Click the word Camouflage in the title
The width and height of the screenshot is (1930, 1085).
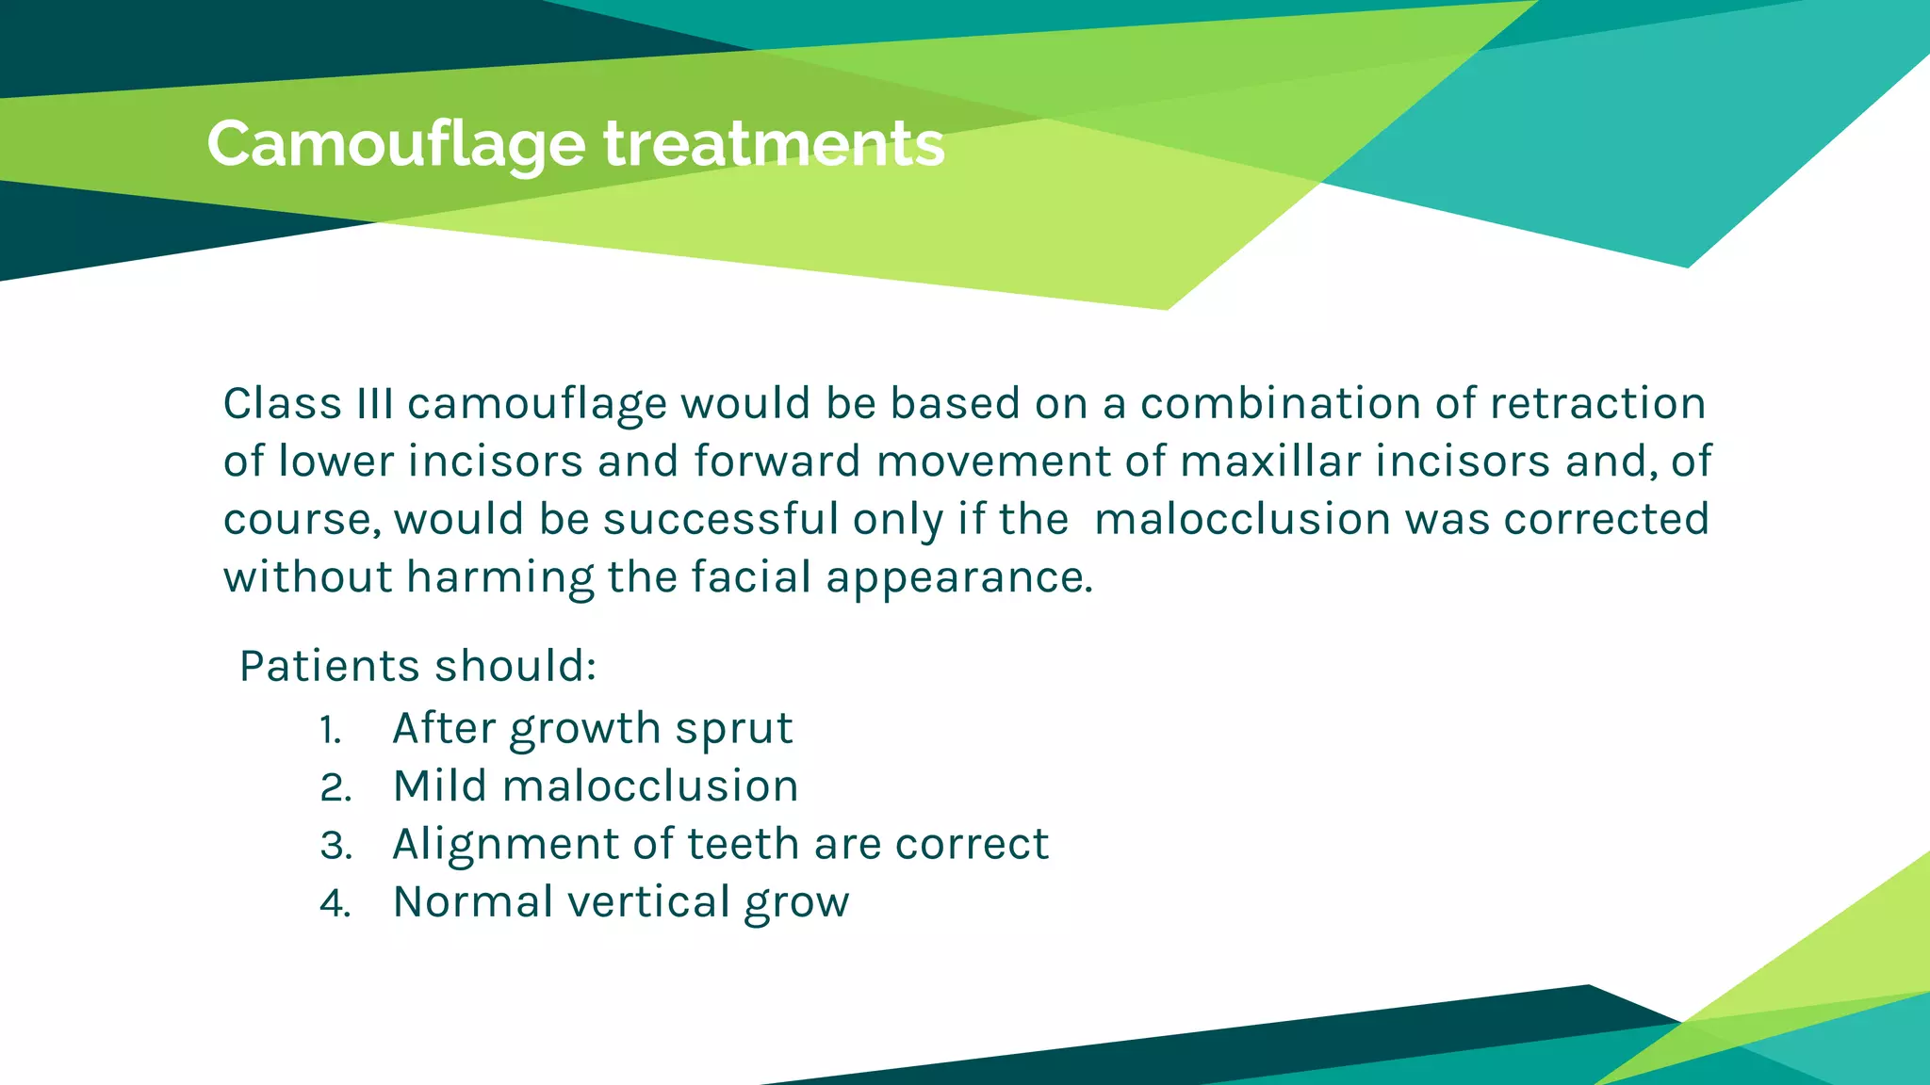point(396,145)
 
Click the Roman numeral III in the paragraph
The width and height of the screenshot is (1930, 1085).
point(374,403)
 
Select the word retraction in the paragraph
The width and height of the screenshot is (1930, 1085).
point(1597,403)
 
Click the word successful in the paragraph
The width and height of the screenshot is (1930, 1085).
point(720,519)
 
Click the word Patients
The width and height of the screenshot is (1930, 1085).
point(329,666)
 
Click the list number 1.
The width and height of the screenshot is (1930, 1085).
point(330,730)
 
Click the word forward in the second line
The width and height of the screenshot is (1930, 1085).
point(777,462)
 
